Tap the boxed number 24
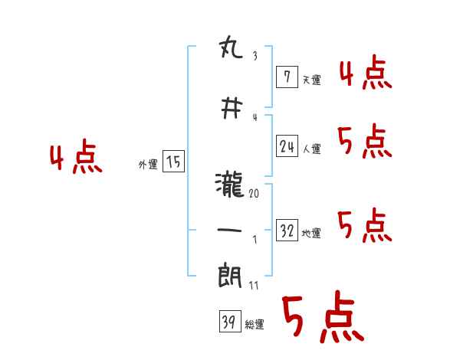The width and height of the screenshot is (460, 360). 287,146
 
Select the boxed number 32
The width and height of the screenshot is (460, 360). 287,231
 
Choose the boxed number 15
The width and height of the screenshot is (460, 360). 173,162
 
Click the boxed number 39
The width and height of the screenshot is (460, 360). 228,322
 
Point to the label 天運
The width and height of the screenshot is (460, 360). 311,79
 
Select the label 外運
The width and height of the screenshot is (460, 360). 147,164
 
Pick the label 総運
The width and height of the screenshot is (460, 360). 255,325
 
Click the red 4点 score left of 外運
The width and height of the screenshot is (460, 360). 76,159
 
